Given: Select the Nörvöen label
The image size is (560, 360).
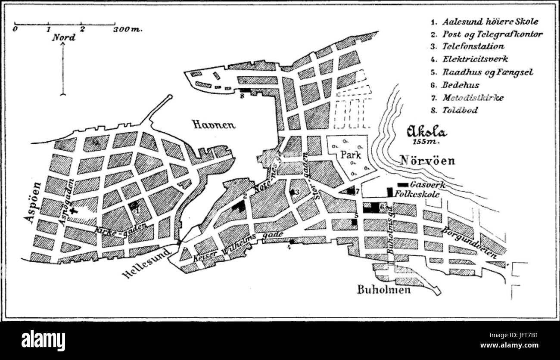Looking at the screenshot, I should coord(428,160).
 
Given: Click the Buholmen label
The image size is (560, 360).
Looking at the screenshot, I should coord(384,289).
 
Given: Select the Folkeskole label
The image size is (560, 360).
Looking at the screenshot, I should coord(417,194).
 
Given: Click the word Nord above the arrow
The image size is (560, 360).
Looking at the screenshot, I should coord(64,37).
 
